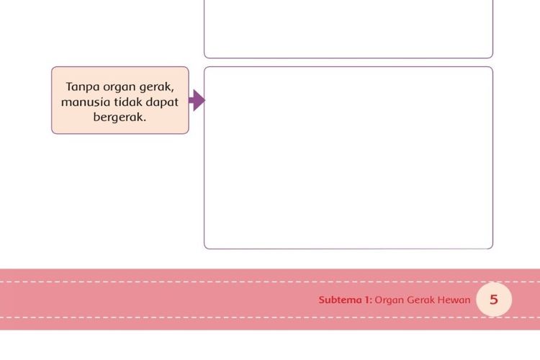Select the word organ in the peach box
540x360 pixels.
click(x=120, y=88)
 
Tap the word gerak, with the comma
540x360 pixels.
click(x=157, y=87)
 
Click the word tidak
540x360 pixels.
click(x=128, y=102)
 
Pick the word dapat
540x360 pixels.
click(x=162, y=103)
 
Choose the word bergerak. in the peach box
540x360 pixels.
click(x=120, y=117)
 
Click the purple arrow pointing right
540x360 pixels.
click(x=197, y=100)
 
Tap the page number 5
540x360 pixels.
click(x=494, y=300)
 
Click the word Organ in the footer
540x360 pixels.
click(x=389, y=300)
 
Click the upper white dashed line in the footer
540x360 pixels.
click(x=270, y=282)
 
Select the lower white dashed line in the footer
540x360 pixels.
click(x=270, y=318)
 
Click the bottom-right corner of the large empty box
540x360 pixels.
click(x=492, y=248)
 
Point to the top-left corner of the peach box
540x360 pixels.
click(x=52, y=67)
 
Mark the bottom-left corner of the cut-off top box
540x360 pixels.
click(x=204, y=58)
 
